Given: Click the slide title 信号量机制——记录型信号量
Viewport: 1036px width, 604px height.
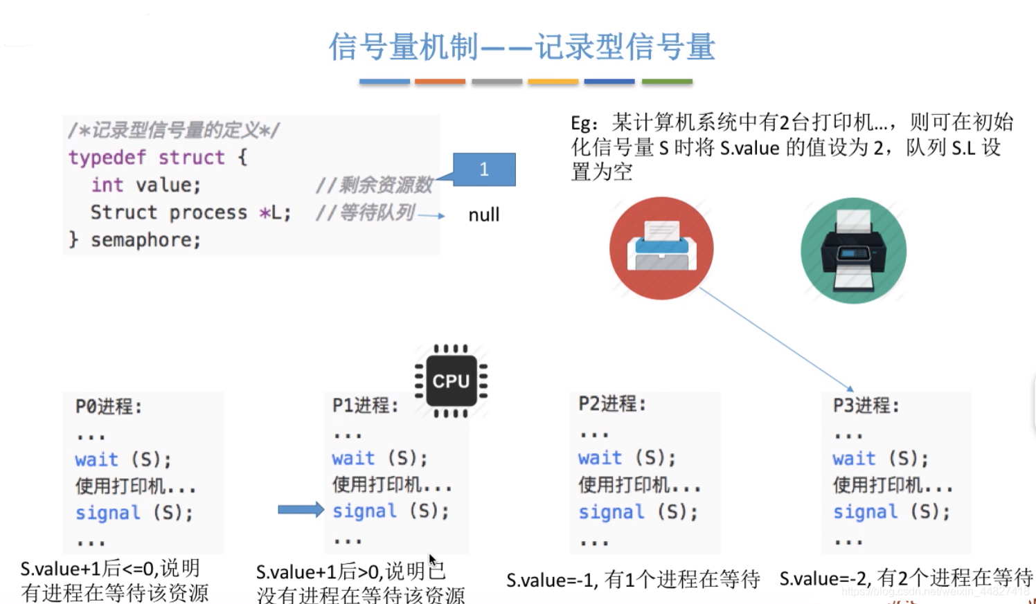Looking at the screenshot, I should point(521,47).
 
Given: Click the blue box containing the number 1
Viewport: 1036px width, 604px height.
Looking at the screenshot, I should point(484,170).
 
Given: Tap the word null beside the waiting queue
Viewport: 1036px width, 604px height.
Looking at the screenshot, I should point(483,215).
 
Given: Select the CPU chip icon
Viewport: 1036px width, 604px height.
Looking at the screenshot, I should point(451,381).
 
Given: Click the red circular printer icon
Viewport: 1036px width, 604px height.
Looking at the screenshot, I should point(661,248).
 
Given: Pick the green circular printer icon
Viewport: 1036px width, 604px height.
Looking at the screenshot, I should point(853,250).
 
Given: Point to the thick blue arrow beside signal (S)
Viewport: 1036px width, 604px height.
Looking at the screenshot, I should point(301,510).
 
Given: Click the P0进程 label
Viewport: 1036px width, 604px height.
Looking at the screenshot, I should point(108,407).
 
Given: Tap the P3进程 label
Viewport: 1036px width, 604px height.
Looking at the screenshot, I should point(866,405).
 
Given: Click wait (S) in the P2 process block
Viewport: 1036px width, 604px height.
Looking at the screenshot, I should point(627,458).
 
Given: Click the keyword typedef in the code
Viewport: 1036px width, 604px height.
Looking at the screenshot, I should point(107,158).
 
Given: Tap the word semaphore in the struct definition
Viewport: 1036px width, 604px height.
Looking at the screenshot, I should point(145,240).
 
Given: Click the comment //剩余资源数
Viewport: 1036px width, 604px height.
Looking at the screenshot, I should point(374,185).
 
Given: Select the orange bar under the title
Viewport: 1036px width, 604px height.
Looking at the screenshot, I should point(440,82).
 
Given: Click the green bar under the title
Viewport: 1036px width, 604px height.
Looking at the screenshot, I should point(667,82).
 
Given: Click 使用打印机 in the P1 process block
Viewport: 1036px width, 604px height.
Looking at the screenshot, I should point(392,484).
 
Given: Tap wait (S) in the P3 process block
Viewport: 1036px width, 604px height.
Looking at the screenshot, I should point(880,459).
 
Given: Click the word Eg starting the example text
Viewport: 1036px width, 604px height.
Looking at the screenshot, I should point(584,123).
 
